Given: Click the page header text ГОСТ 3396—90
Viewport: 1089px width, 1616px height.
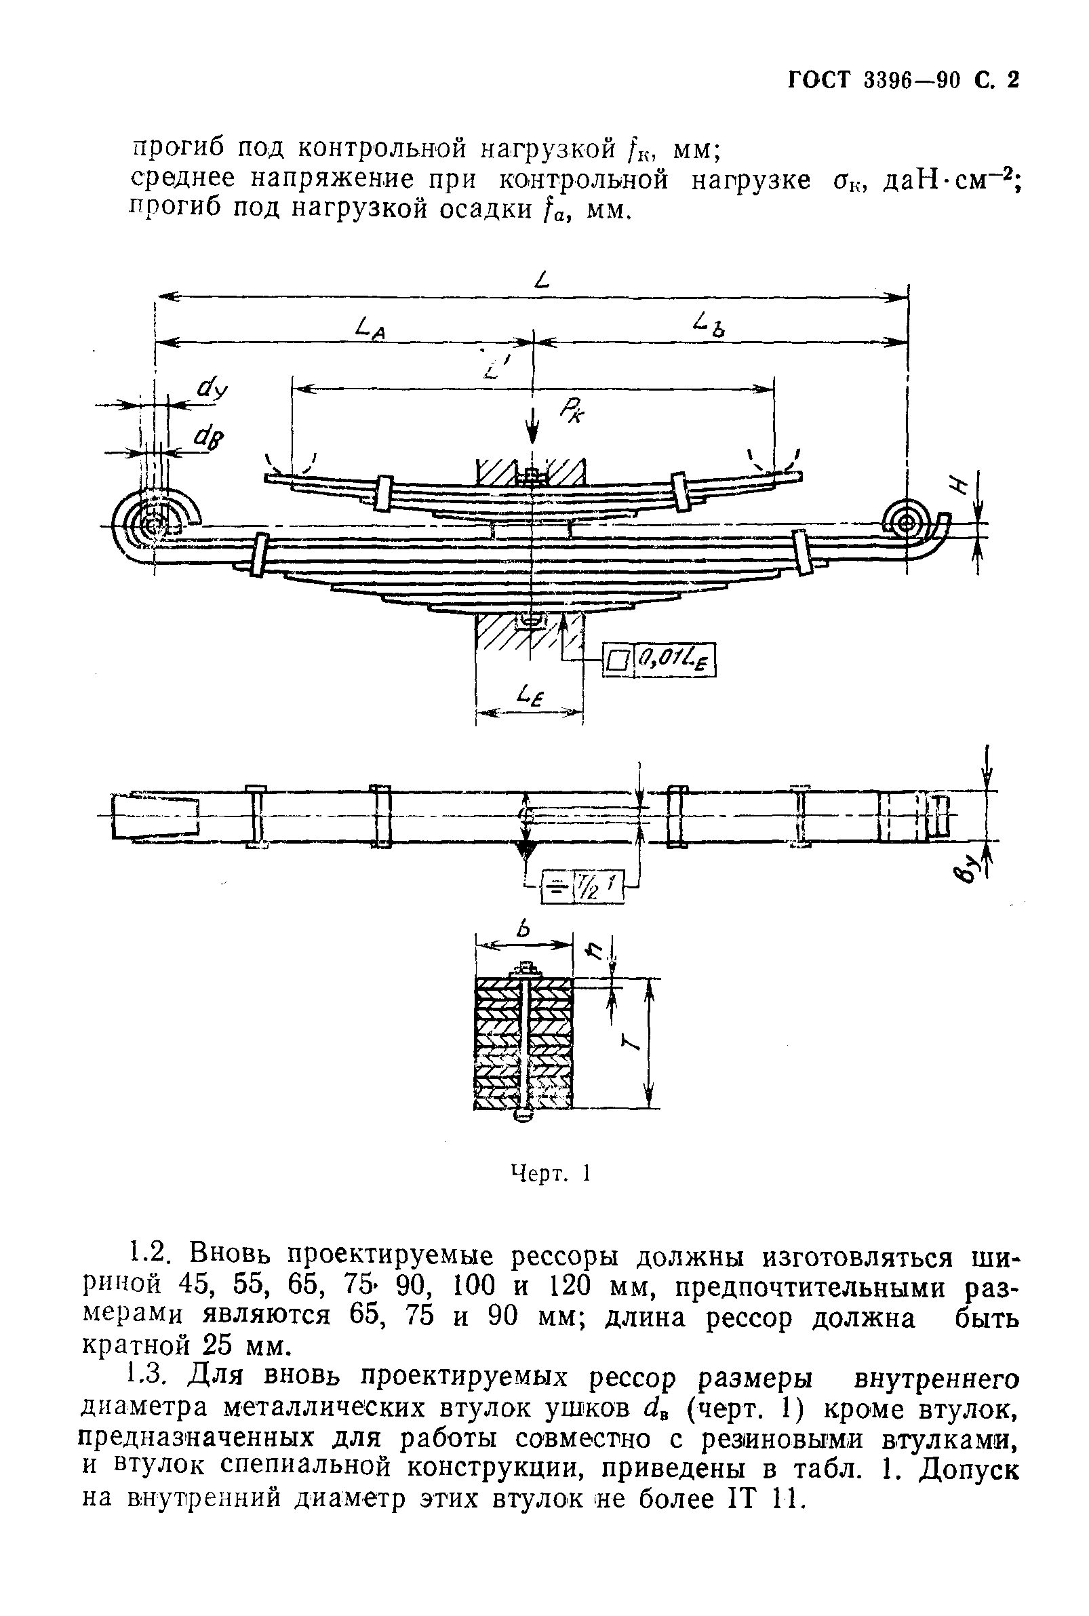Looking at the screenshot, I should coord(875,81).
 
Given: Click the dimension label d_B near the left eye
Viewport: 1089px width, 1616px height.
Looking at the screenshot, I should coord(211,438).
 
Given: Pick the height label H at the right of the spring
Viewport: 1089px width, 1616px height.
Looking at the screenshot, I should coord(963,487).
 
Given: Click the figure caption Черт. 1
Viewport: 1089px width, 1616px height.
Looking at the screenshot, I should coord(550,1173).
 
